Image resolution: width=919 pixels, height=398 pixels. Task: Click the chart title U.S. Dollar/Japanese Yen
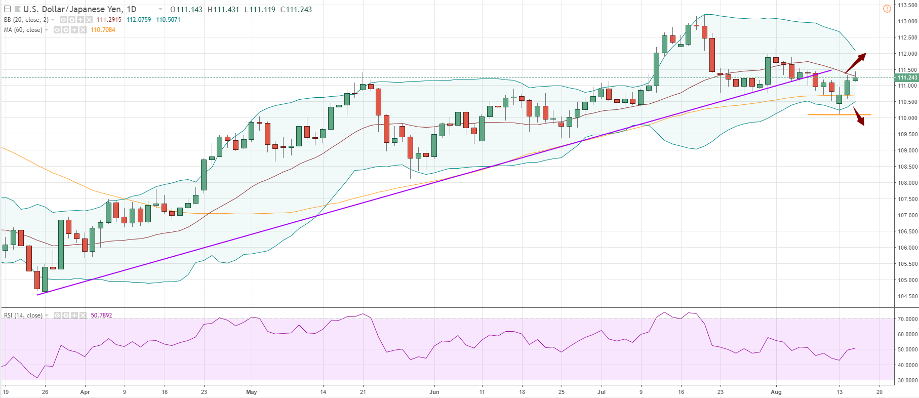coord(72,9)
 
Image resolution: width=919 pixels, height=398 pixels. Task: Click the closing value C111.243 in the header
coord(296,9)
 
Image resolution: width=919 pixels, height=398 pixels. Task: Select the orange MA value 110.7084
coord(103,30)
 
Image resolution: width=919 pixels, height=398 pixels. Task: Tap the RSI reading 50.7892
coord(101,315)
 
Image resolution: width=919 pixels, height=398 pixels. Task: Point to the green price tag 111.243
coord(906,77)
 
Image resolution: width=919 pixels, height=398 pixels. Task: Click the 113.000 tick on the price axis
coord(907,21)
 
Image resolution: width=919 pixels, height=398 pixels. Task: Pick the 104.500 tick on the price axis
coord(907,296)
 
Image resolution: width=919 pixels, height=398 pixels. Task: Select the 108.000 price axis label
coord(907,183)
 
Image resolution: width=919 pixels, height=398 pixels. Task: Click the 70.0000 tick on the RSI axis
coord(907,319)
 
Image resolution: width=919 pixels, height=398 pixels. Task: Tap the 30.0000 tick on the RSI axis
coord(907,380)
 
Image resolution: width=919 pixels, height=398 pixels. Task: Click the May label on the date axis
coord(251,392)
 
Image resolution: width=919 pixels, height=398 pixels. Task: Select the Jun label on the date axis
coord(434,392)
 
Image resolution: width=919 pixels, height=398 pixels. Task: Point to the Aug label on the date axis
coord(776,392)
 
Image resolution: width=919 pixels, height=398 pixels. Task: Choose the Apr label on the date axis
coord(85,392)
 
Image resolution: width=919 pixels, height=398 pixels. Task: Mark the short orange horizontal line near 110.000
coord(838,114)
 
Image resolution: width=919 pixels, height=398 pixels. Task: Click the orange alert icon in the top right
coord(887,9)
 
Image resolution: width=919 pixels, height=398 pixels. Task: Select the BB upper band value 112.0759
coord(139,20)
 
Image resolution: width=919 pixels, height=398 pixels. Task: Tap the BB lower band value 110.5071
coord(168,20)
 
